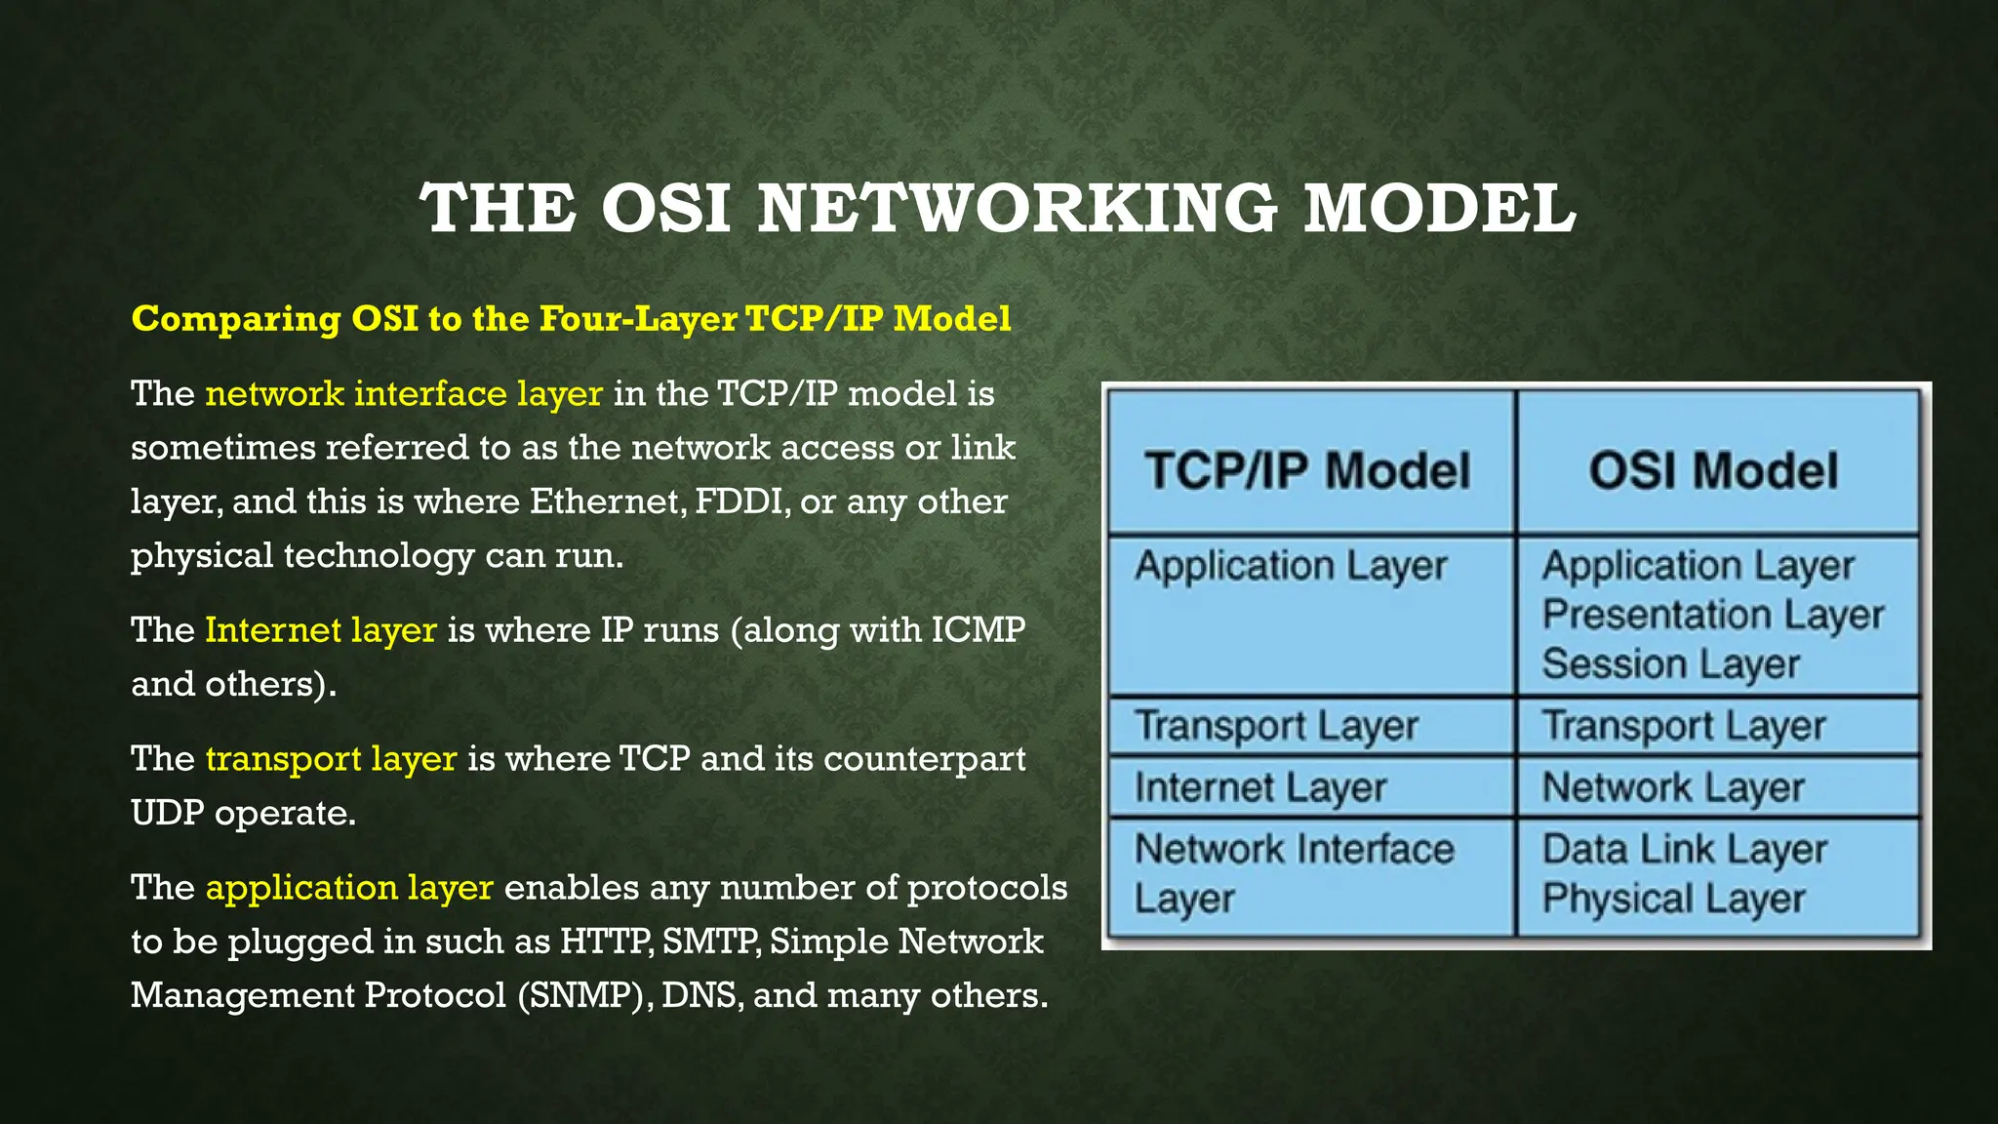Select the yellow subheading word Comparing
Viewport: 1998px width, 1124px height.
tap(235, 319)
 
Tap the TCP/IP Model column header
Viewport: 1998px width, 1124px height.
tap(1307, 470)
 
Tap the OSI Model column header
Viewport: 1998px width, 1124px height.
tap(1713, 470)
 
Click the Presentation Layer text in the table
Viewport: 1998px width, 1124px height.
tap(1712, 616)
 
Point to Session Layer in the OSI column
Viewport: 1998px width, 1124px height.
tap(1670, 664)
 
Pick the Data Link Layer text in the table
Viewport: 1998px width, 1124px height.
tap(1684, 850)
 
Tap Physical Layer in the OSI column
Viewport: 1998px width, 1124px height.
tap(1673, 899)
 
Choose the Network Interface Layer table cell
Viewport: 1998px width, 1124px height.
tap(1293, 872)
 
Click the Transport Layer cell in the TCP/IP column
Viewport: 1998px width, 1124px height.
tap(1276, 727)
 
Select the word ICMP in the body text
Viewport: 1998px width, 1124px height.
tap(978, 630)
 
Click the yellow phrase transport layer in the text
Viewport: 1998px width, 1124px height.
tap(331, 759)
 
